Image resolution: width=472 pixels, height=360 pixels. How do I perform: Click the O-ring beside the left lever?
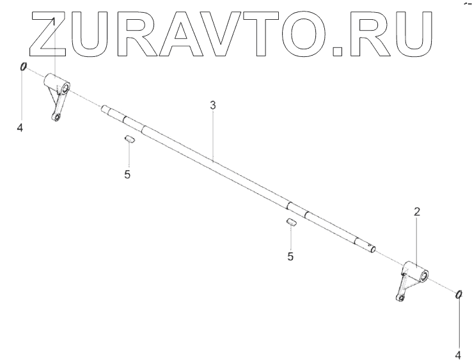pyautogui.click(x=23, y=67)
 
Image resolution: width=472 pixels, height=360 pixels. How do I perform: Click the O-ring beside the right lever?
pyautogui.click(x=459, y=293)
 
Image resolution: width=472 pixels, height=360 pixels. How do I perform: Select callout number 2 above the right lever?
pyautogui.click(x=417, y=211)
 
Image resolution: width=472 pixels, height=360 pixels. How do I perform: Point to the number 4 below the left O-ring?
pyautogui.click(x=20, y=128)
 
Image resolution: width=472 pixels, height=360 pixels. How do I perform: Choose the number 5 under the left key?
pyautogui.click(x=127, y=174)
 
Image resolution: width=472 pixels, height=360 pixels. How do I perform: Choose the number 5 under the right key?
pyautogui.click(x=290, y=256)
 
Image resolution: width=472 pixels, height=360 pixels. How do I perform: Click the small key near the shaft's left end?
pyautogui.click(x=129, y=139)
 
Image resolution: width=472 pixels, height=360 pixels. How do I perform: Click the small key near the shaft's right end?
pyautogui.click(x=290, y=223)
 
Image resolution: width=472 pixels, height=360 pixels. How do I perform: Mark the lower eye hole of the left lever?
pyautogui.click(x=57, y=117)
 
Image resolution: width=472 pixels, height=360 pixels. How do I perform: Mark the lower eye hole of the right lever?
pyautogui.click(x=400, y=297)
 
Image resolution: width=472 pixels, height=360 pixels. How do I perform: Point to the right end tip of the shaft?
pyautogui.click(x=375, y=249)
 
